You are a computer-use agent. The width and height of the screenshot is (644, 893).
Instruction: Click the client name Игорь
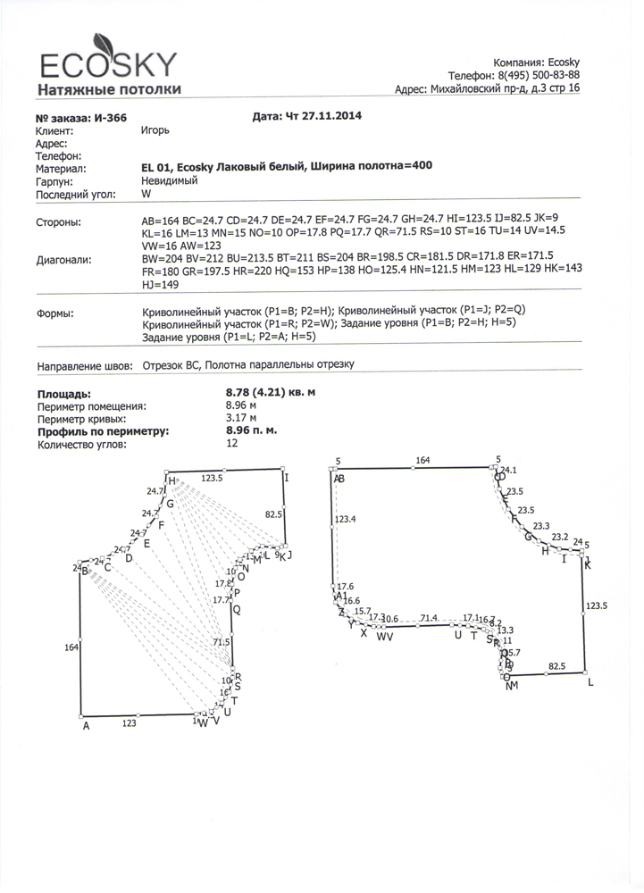[155, 130]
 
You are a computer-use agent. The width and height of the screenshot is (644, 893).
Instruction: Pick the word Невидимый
[170, 180]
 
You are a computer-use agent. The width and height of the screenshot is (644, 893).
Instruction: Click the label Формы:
[54, 314]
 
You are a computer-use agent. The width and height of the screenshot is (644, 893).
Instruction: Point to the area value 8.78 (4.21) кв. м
[271, 393]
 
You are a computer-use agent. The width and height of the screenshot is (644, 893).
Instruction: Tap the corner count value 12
[233, 443]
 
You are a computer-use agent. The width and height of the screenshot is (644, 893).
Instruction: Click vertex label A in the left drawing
[86, 726]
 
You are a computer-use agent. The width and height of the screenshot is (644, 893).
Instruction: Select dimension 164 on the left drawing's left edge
[71, 647]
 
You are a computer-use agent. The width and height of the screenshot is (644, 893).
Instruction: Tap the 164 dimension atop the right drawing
[422, 461]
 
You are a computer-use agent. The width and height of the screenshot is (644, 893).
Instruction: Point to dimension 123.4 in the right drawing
[345, 519]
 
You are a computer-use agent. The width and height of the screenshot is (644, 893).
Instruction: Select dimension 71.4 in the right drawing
[429, 617]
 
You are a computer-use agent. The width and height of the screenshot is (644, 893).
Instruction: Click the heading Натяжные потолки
[109, 89]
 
